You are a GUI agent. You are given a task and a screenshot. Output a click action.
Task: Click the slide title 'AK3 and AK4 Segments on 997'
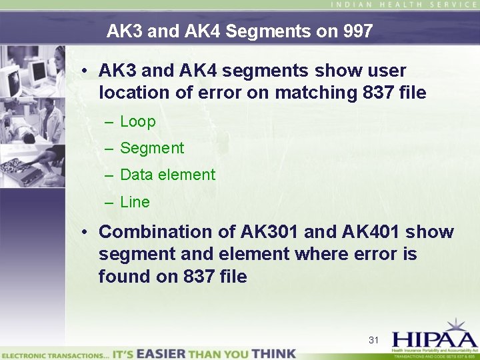pyautogui.click(x=239, y=31)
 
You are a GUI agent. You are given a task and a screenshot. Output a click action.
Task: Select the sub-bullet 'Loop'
pyautogui.click(x=137, y=122)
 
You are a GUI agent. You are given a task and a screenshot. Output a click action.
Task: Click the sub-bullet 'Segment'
pyautogui.click(x=151, y=149)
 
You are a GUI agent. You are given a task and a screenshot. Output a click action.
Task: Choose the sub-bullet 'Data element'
pyautogui.click(x=167, y=175)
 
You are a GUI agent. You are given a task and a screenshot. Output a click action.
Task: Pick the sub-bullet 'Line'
pyautogui.click(x=135, y=202)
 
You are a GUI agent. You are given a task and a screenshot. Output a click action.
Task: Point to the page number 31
pyautogui.click(x=373, y=340)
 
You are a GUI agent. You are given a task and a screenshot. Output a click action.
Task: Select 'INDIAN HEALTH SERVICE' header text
pyautogui.click(x=403, y=5)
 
